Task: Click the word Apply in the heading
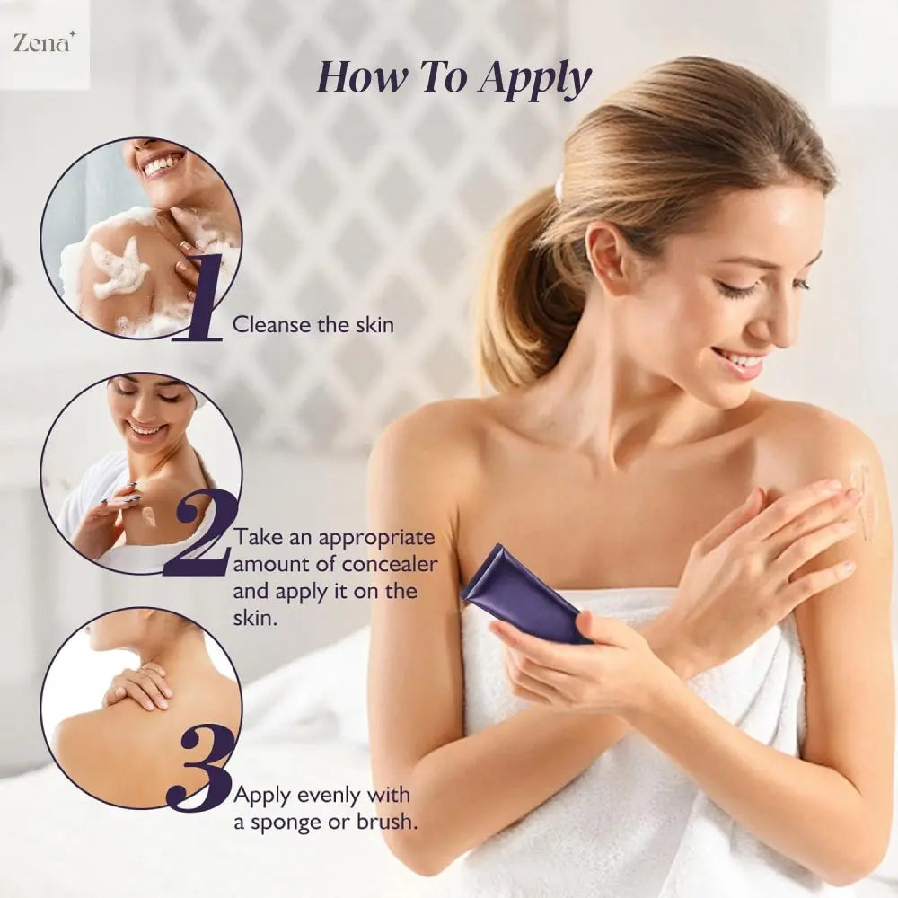(534, 79)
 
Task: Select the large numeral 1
(198, 298)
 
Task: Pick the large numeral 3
(201, 767)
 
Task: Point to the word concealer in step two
(390, 564)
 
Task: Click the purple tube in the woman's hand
(525, 595)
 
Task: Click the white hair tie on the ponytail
(559, 186)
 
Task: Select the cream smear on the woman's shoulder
(863, 498)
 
